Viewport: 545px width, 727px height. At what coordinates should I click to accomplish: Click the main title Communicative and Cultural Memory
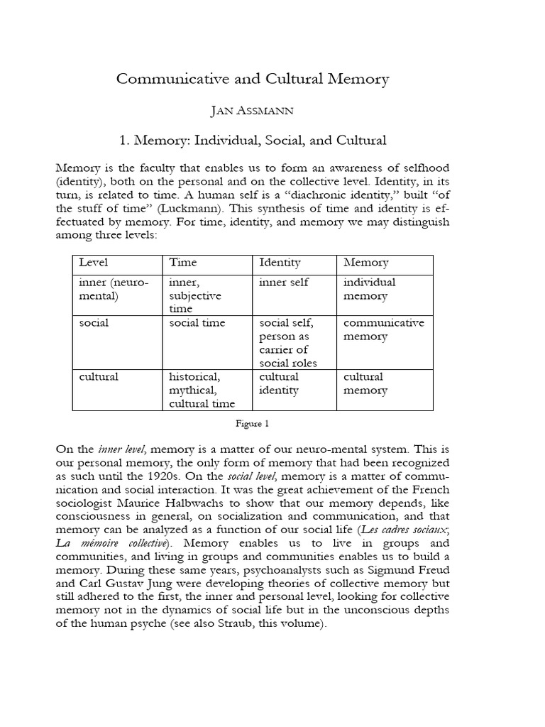click(253, 79)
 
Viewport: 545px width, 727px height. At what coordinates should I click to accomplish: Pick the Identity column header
click(280, 263)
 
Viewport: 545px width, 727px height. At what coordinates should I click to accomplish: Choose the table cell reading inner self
click(284, 282)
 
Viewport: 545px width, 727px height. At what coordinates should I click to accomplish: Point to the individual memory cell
click(370, 288)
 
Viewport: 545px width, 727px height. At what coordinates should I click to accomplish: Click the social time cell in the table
click(197, 322)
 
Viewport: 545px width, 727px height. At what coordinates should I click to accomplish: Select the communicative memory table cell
click(383, 329)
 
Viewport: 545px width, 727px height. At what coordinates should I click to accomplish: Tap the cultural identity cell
click(279, 383)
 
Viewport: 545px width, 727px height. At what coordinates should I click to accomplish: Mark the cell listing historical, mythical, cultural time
click(202, 390)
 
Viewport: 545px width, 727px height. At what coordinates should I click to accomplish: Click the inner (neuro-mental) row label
click(114, 288)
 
